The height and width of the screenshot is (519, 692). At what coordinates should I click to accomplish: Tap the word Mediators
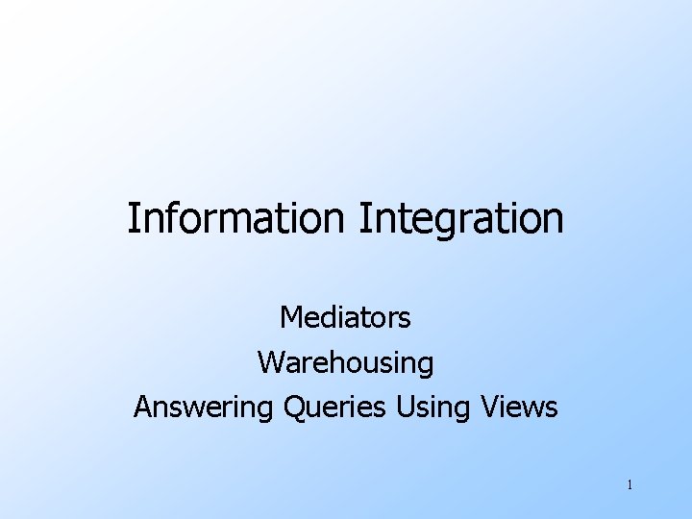click(x=345, y=316)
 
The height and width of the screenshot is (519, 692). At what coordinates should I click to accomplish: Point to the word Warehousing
click(x=345, y=362)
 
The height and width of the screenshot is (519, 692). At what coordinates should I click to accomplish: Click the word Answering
click(x=205, y=408)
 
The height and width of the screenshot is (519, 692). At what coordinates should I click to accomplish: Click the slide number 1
click(x=630, y=484)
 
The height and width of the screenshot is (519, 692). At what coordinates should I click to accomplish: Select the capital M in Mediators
click(x=291, y=316)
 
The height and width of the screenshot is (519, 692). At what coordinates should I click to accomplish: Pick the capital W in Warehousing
click(x=270, y=362)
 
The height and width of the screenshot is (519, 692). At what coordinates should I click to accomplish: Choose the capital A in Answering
click(x=143, y=408)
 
